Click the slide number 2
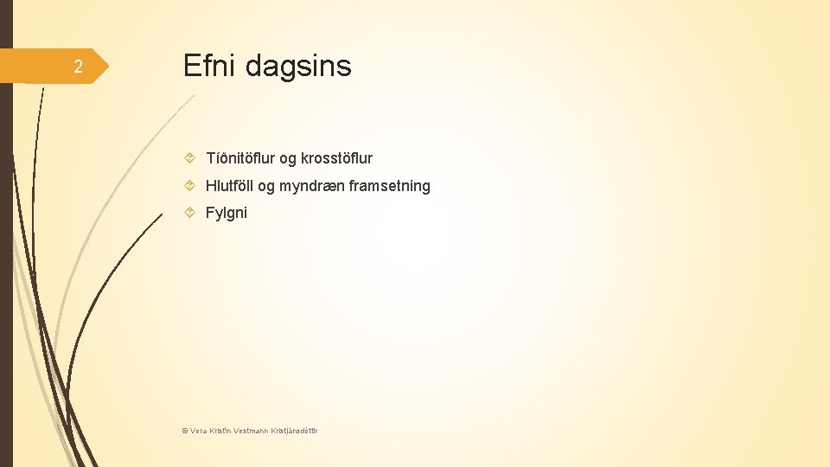78,67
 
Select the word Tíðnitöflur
239,158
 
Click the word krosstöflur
336,158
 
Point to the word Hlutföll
228,186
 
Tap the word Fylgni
226,213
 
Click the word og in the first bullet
287,159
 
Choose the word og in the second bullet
265,187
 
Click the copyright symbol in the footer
185,430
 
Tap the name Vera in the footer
198,430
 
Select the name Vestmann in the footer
251,430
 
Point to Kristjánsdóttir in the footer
294,430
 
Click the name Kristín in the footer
220,430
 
